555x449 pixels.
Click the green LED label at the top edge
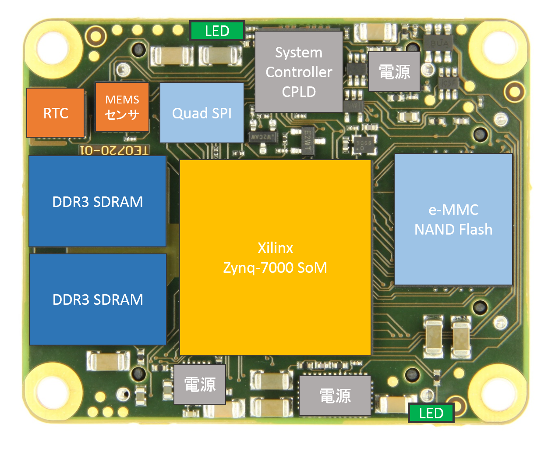[x=217, y=31]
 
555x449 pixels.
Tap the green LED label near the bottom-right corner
[x=431, y=413]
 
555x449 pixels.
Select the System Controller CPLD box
[x=299, y=72]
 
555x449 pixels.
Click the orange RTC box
[x=56, y=113]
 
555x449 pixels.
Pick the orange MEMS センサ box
[x=122, y=107]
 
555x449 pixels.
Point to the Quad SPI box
[x=201, y=113]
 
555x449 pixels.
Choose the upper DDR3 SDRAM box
[x=97, y=201]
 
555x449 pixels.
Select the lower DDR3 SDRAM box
[x=98, y=299]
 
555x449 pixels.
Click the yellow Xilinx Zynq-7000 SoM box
[x=275, y=257]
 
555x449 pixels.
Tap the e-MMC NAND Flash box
[x=453, y=219]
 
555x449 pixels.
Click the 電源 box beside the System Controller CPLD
[x=394, y=71]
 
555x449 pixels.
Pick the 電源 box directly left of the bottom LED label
[x=335, y=396]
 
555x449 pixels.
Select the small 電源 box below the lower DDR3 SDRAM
[x=200, y=384]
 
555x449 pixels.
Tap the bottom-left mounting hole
[x=52, y=392]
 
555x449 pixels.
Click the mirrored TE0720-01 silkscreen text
[x=114, y=150]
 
